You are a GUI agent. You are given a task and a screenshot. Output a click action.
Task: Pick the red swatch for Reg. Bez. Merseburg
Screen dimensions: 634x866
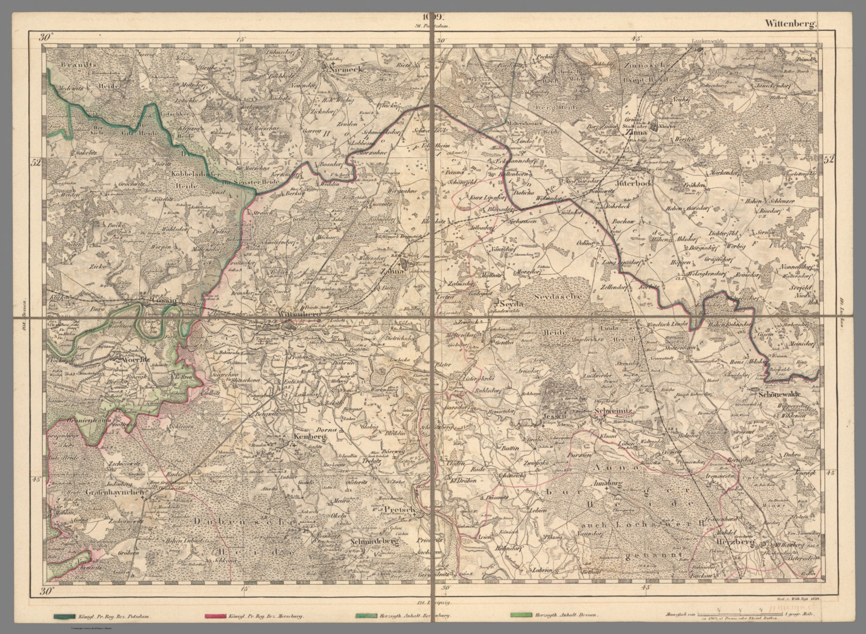(215, 616)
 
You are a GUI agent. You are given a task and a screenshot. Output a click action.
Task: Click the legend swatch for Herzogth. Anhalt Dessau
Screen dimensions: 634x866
(519, 616)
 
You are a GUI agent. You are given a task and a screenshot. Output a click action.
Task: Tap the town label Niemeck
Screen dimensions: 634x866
(342, 66)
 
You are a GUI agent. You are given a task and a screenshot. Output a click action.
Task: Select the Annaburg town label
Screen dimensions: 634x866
(606, 483)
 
